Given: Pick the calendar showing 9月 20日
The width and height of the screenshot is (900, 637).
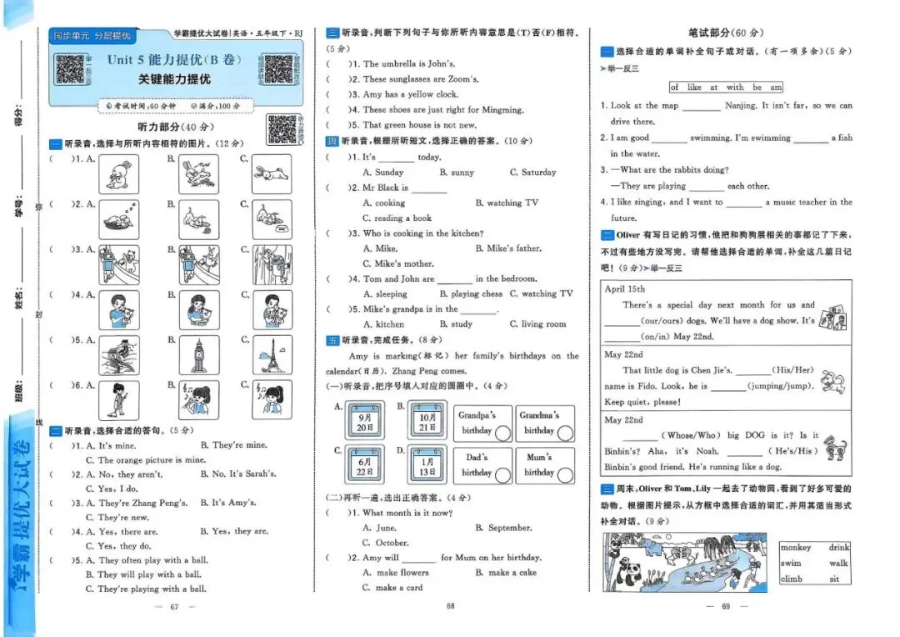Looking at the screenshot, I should point(364,420).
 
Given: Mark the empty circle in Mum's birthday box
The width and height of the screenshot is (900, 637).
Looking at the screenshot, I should point(565,475).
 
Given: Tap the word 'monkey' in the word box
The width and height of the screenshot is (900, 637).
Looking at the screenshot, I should point(795,548).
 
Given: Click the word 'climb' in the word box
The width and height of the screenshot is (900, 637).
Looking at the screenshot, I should point(791,579).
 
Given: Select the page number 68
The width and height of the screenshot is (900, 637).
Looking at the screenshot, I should point(450,606).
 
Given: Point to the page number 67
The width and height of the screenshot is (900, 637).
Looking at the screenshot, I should point(175,606).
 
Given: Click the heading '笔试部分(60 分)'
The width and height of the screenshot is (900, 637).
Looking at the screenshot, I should point(725,33).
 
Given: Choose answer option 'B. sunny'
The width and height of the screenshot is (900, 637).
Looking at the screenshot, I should point(457,173).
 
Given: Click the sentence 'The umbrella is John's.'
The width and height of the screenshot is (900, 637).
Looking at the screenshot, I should point(408,63).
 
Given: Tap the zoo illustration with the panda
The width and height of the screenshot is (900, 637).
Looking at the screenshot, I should point(685,563).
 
